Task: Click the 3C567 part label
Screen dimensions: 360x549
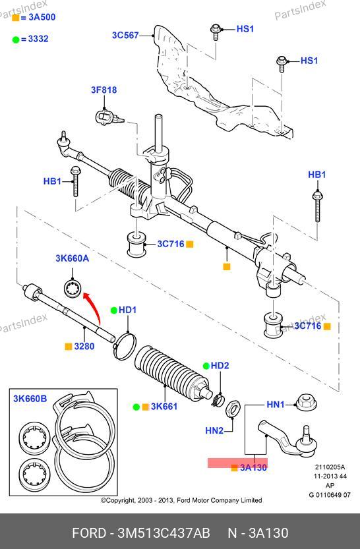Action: point(125,35)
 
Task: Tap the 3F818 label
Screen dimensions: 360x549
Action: point(104,90)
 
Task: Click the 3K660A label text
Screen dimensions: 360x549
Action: point(72,258)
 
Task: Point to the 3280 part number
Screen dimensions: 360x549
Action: point(84,346)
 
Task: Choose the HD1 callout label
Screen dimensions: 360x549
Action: point(127,310)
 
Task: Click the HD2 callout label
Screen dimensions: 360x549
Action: point(220,366)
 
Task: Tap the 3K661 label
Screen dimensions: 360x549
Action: point(164,407)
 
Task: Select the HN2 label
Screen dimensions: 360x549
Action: point(214,430)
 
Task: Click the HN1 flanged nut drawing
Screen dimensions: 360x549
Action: point(307,403)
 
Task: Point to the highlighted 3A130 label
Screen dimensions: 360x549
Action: point(253,467)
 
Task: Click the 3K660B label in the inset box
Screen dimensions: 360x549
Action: point(30,399)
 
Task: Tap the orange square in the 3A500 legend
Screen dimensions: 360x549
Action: point(16,18)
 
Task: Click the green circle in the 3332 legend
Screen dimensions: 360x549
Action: point(16,40)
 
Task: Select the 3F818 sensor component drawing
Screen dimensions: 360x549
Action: point(108,117)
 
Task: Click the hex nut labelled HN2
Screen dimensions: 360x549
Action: point(233,408)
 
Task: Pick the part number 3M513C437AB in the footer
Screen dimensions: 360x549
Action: point(164,533)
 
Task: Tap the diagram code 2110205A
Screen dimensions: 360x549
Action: point(330,467)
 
